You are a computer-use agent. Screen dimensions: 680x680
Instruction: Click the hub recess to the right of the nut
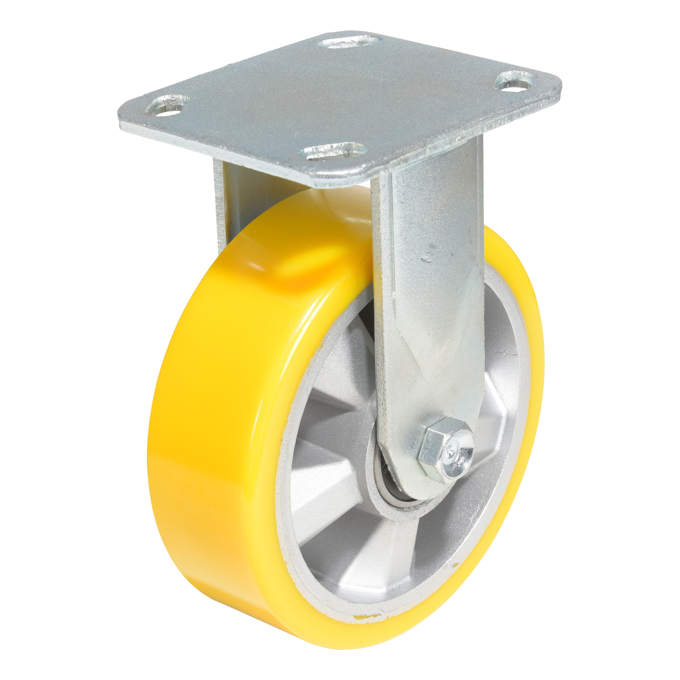click(x=500, y=451)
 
